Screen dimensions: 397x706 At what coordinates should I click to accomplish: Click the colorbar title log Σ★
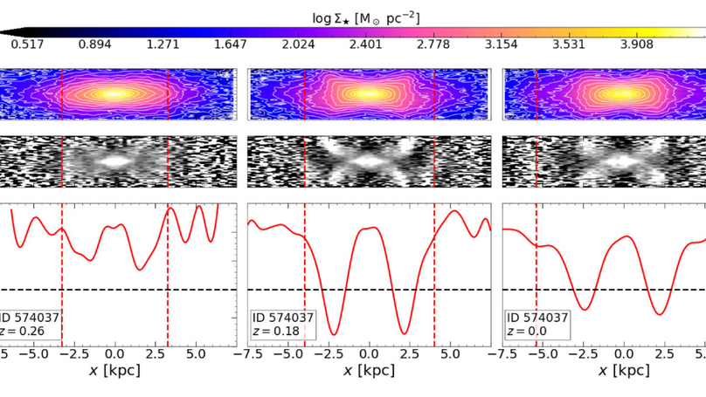point(353,17)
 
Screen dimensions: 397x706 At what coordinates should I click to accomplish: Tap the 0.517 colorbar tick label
point(28,44)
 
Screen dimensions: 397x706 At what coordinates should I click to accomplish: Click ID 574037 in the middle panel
point(283,318)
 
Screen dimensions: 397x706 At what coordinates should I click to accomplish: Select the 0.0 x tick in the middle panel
point(370,354)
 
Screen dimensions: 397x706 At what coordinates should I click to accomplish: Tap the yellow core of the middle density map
point(369,93)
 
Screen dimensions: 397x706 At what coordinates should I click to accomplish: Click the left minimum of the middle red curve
point(333,333)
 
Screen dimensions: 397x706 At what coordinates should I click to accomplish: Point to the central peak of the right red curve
point(624,236)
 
